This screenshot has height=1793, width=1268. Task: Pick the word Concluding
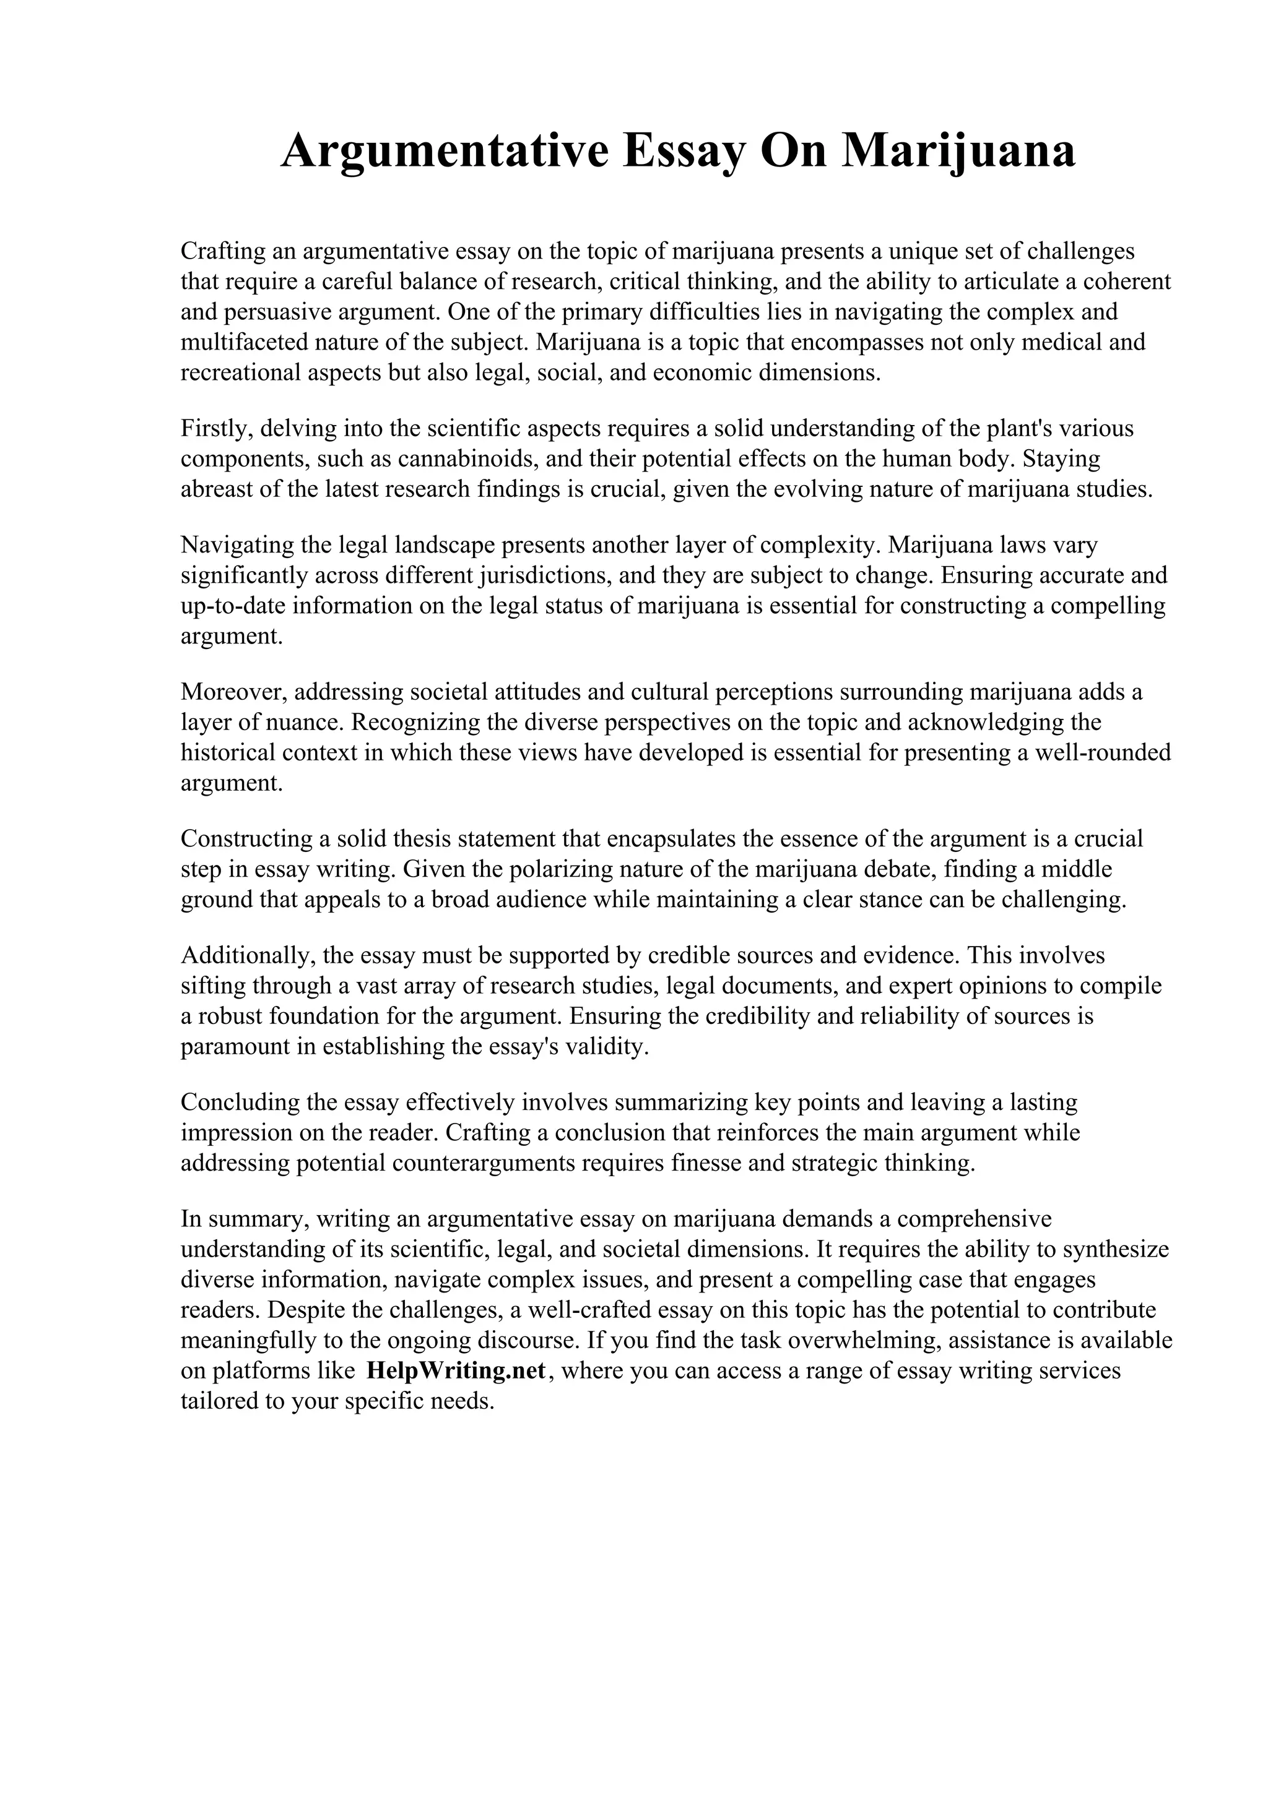point(238,1103)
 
